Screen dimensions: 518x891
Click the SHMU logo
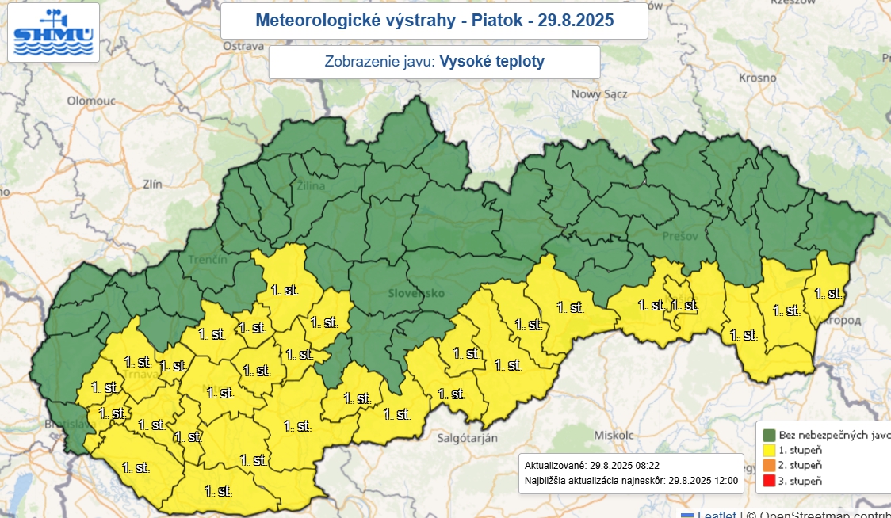[x=54, y=32]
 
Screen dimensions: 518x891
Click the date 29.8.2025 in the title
[x=576, y=21]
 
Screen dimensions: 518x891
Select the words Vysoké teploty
[x=491, y=62]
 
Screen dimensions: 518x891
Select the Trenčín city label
[x=208, y=260]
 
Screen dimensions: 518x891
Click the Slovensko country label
[x=414, y=293]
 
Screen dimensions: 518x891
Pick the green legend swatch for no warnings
[x=768, y=435]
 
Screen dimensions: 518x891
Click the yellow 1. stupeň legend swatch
[x=768, y=450]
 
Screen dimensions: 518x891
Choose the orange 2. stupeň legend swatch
[x=768, y=465]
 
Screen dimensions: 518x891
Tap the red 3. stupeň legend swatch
[x=768, y=480]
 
